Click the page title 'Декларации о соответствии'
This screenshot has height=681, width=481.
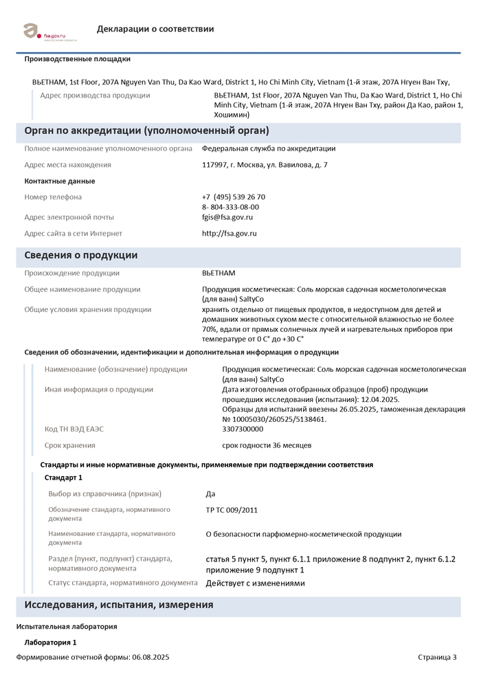click(x=155, y=29)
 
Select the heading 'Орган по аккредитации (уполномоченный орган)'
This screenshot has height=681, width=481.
click(x=146, y=131)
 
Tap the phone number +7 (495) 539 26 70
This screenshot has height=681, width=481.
click(x=234, y=197)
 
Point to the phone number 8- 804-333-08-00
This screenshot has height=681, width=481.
click(x=230, y=207)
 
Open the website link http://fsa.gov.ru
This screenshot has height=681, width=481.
click(x=230, y=234)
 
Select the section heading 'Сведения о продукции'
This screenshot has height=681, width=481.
click(x=81, y=255)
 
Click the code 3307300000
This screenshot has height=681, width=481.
click(x=243, y=429)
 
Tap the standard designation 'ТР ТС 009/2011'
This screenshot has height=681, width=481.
click(x=232, y=510)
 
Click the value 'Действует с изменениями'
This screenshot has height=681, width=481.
click(x=256, y=583)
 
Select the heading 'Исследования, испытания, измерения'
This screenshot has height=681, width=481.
click(x=119, y=605)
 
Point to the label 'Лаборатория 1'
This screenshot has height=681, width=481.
click(x=50, y=642)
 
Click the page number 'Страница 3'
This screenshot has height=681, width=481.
click(x=437, y=658)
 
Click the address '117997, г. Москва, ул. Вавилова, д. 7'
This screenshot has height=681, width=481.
click(x=265, y=165)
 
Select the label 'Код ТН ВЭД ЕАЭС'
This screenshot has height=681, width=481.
click(x=74, y=429)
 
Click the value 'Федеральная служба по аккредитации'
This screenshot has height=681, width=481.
click(x=269, y=148)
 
